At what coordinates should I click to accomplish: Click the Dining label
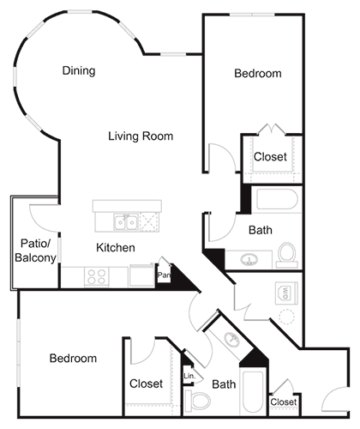coord(79,71)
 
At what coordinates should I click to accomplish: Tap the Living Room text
coord(141,136)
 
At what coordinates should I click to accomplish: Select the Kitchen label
coord(116,248)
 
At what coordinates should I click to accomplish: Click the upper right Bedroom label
coord(257,74)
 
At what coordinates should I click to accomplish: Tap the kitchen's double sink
coord(126,223)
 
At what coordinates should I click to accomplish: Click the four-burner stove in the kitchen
coord(97,277)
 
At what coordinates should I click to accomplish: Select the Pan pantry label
coord(163,276)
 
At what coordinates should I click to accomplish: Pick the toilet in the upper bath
coord(287,254)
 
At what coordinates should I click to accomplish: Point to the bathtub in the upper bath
coord(271,202)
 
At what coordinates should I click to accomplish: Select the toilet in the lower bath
coord(199,402)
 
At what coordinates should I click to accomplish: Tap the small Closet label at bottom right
coord(284,402)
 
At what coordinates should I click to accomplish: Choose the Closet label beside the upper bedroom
coord(270,157)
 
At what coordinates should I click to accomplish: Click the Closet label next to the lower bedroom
coord(146,384)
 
